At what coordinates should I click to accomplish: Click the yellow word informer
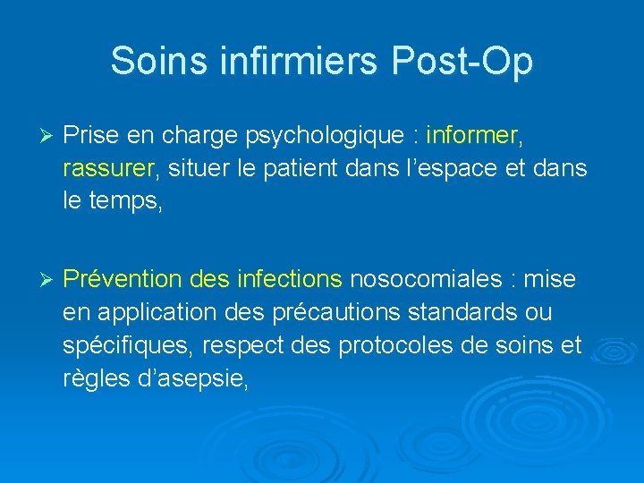point(472,136)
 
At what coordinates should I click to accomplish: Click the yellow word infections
point(289,280)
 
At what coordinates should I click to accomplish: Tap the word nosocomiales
point(426,280)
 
